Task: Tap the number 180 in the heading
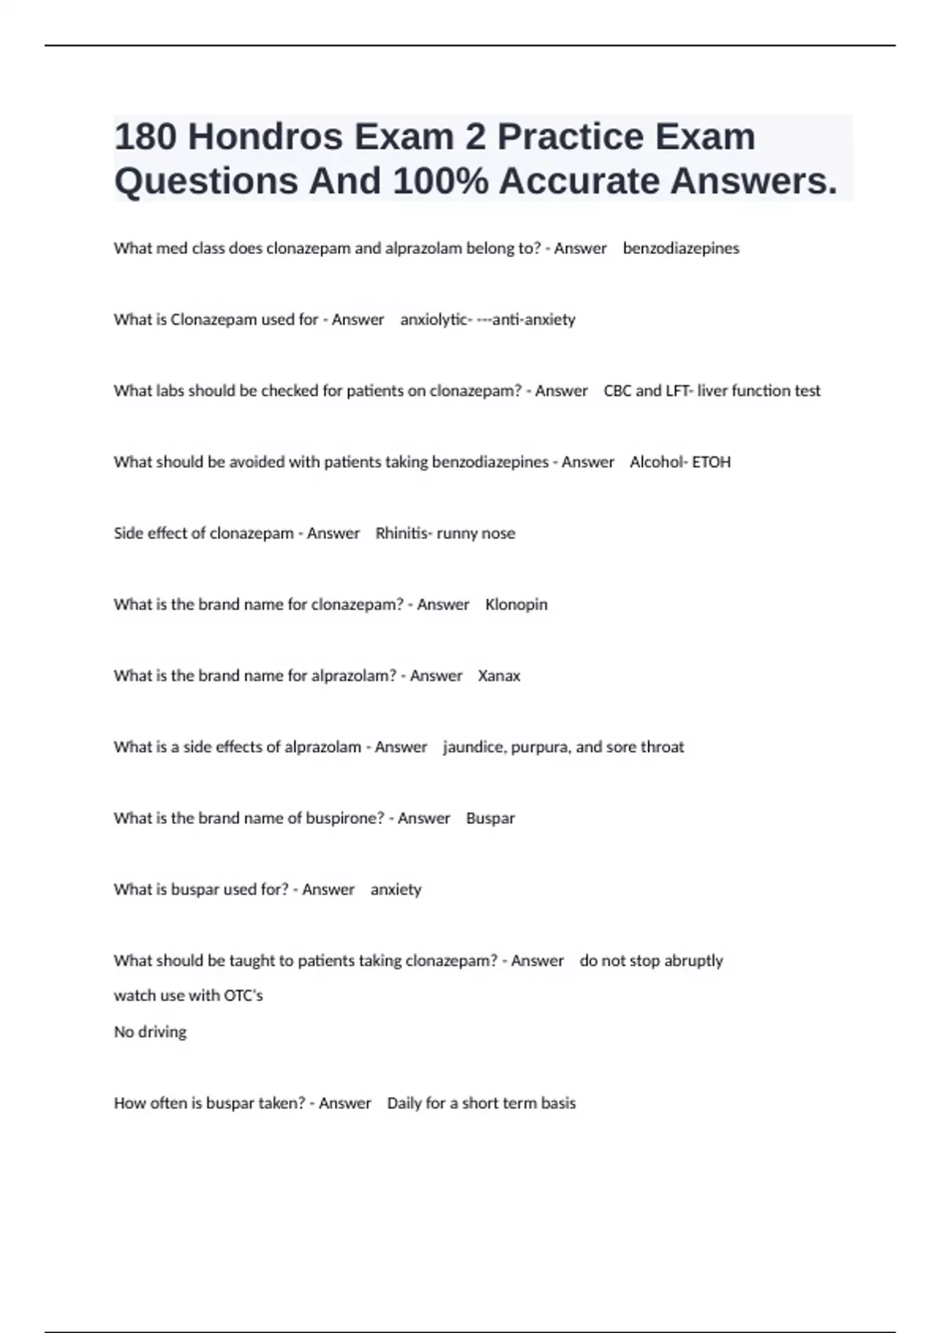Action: (145, 137)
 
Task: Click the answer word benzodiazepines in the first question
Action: (681, 249)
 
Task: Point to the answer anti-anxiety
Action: (533, 320)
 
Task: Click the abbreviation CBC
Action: (617, 390)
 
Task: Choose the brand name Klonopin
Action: (516, 605)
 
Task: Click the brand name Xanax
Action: (499, 676)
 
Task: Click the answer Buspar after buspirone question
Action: (490, 819)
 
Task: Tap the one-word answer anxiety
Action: (395, 890)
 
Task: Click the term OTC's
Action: (243, 996)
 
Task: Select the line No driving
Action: (150, 1032)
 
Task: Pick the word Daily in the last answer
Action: (404, 1103)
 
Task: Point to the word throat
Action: (663, 747)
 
